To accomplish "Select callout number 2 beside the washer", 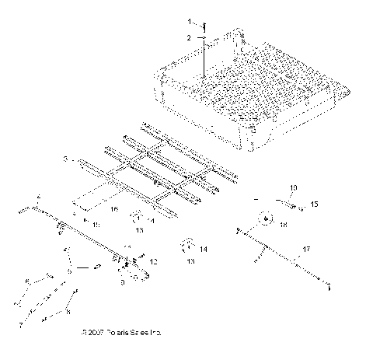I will click(x=187, y=37).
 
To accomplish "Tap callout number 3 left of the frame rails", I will click(x=67, y=159).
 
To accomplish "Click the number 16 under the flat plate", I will click(x=114, y=209).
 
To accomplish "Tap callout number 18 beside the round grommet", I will click(x=282, y=224).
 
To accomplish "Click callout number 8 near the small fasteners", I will click(x=68, y=312).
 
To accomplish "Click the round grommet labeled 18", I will click(x=267, y=221).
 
